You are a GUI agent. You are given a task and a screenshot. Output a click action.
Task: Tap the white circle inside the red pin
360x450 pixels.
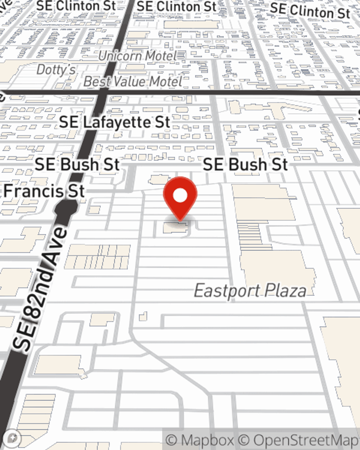pos(180,196)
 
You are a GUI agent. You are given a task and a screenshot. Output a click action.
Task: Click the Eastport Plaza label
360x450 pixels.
pos(250,291)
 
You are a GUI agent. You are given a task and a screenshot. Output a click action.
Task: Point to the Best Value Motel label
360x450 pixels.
pos(133,82)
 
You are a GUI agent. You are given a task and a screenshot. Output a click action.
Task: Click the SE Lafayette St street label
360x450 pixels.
pos(114,122)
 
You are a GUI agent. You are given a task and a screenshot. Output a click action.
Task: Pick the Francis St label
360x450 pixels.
pos(44,191)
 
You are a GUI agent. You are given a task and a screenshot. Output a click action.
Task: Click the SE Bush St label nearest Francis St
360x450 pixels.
pos(77,165)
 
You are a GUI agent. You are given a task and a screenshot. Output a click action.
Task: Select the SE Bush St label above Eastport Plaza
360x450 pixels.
pos(246,165)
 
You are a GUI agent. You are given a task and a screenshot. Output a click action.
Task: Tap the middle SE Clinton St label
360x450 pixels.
pos(177,6)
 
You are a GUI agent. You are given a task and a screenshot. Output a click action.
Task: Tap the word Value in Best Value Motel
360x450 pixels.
pos(130,82)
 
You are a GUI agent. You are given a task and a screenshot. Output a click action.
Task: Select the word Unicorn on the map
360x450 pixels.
pos(120,56)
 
